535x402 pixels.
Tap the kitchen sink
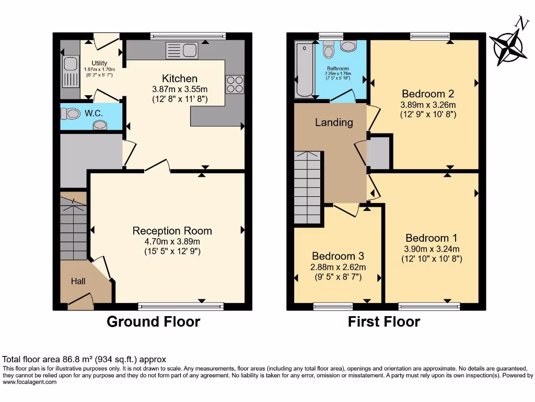click(x=181, y=51)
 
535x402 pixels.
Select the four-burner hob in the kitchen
click(x=235, y=84)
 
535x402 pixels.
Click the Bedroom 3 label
click(x=338, y=256)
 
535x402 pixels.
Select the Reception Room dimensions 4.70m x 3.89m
click(x=172, y=241)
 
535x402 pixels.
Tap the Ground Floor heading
click(x=153, y=321)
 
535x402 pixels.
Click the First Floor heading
click(x=384, y=321)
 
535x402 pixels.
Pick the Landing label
click(x=334, y=122)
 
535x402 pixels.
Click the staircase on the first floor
click(x=307, y=187)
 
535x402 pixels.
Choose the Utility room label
click(x=99, y=63)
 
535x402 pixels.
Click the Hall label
click(x=78, y=282)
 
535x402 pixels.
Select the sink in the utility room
click(x=69, y=66)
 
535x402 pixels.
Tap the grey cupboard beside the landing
click(x=380, y=152)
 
